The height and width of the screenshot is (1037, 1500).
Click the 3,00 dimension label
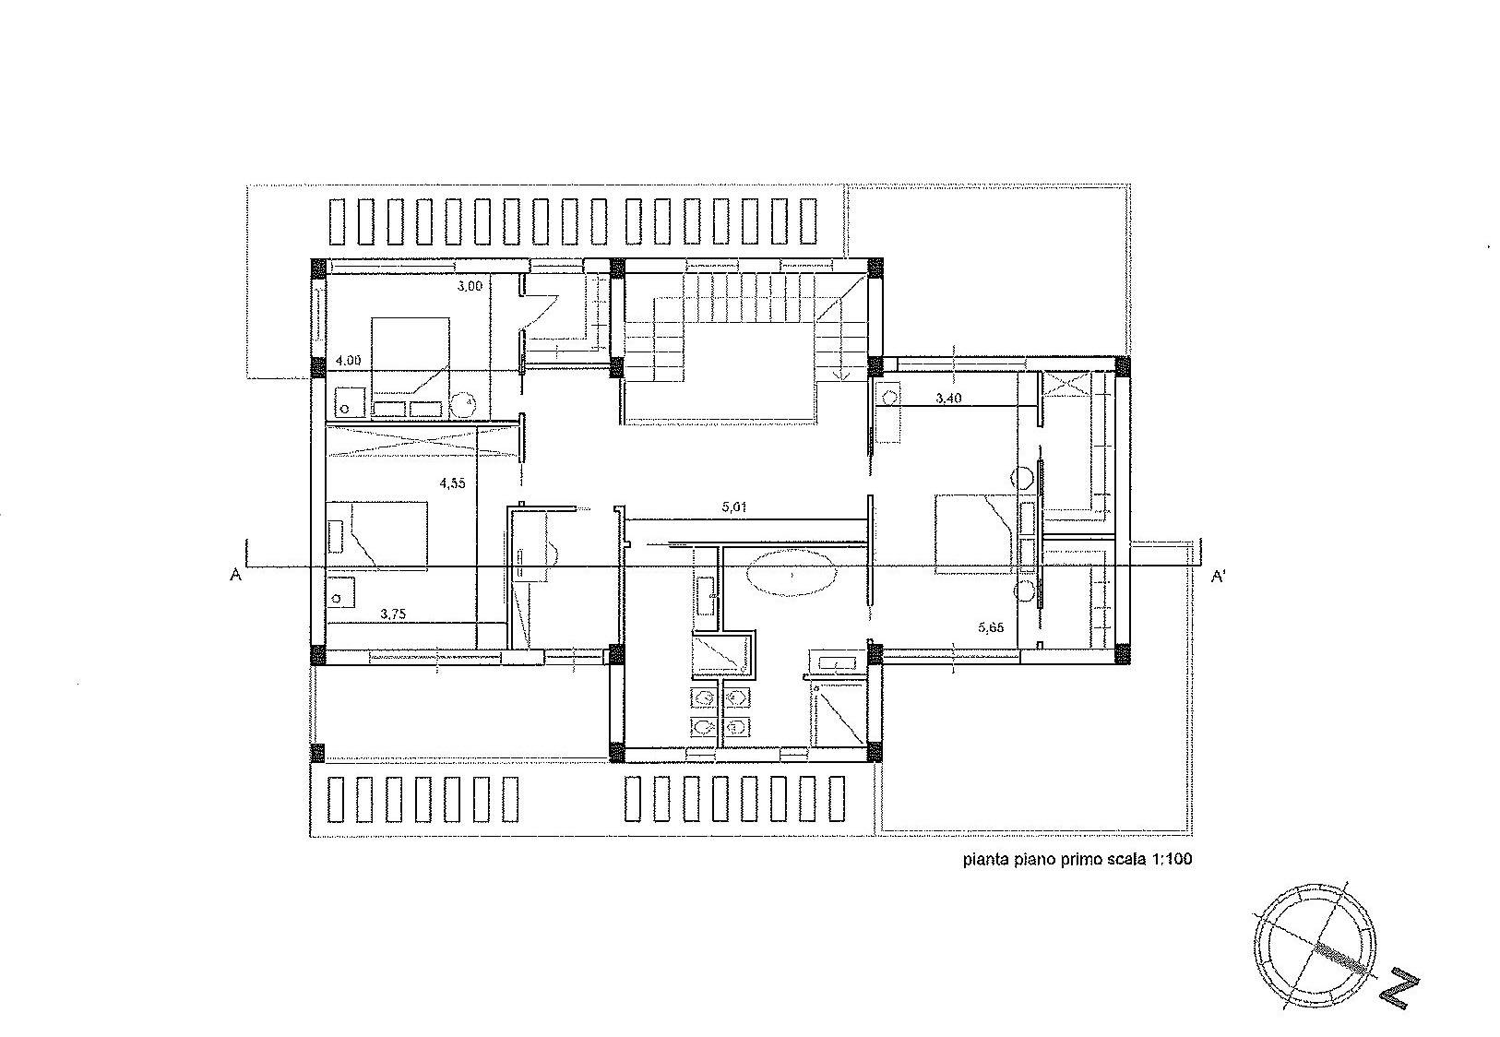[x=470, y=286]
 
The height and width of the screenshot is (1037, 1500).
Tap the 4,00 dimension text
[x=348, y=361]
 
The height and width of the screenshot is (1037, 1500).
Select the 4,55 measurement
[x=452, y=483]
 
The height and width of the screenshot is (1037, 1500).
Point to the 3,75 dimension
[x=393, y=614]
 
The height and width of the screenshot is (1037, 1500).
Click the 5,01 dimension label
[x=734, y=507]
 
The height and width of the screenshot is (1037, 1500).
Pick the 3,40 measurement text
[x=948, y=399]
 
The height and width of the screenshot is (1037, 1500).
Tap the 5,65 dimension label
[x=991, y=627]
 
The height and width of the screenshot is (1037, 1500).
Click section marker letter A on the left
[x=236, y=575]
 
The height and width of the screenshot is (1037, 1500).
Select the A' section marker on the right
[x=1219, y=576]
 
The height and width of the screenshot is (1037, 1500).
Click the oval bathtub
[x=792, y=574]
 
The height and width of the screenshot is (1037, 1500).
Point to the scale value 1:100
[x=1172, y=858]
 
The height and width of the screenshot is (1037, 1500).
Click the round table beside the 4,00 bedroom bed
[x=462, y=404]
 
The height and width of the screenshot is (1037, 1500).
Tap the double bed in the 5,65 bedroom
[x=976, y=534]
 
